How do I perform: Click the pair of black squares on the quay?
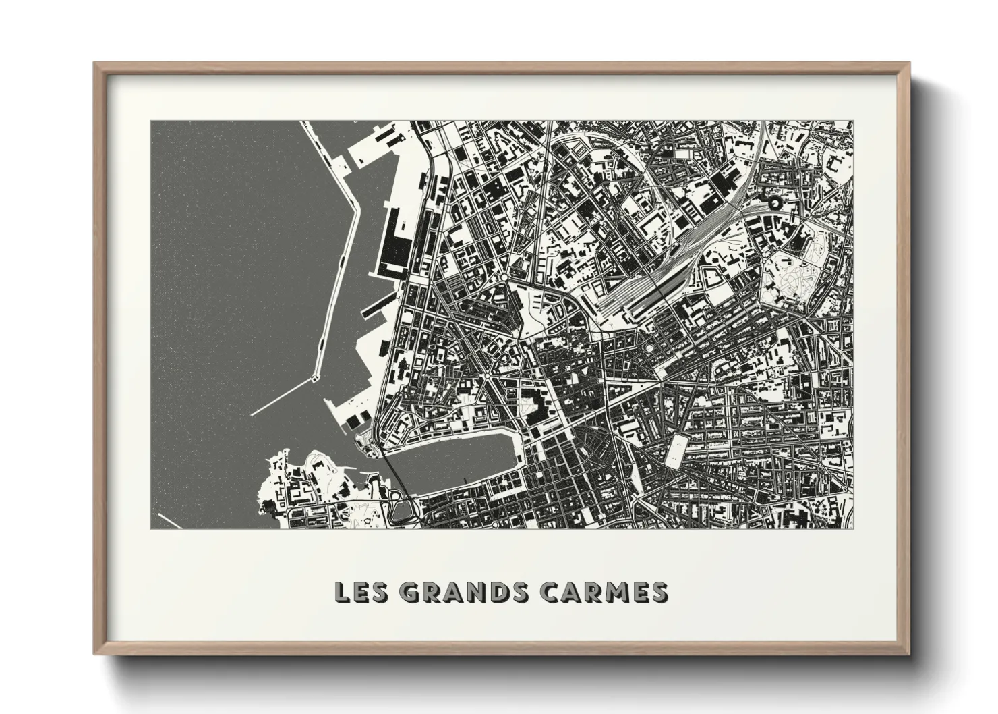(x=355, y=422)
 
